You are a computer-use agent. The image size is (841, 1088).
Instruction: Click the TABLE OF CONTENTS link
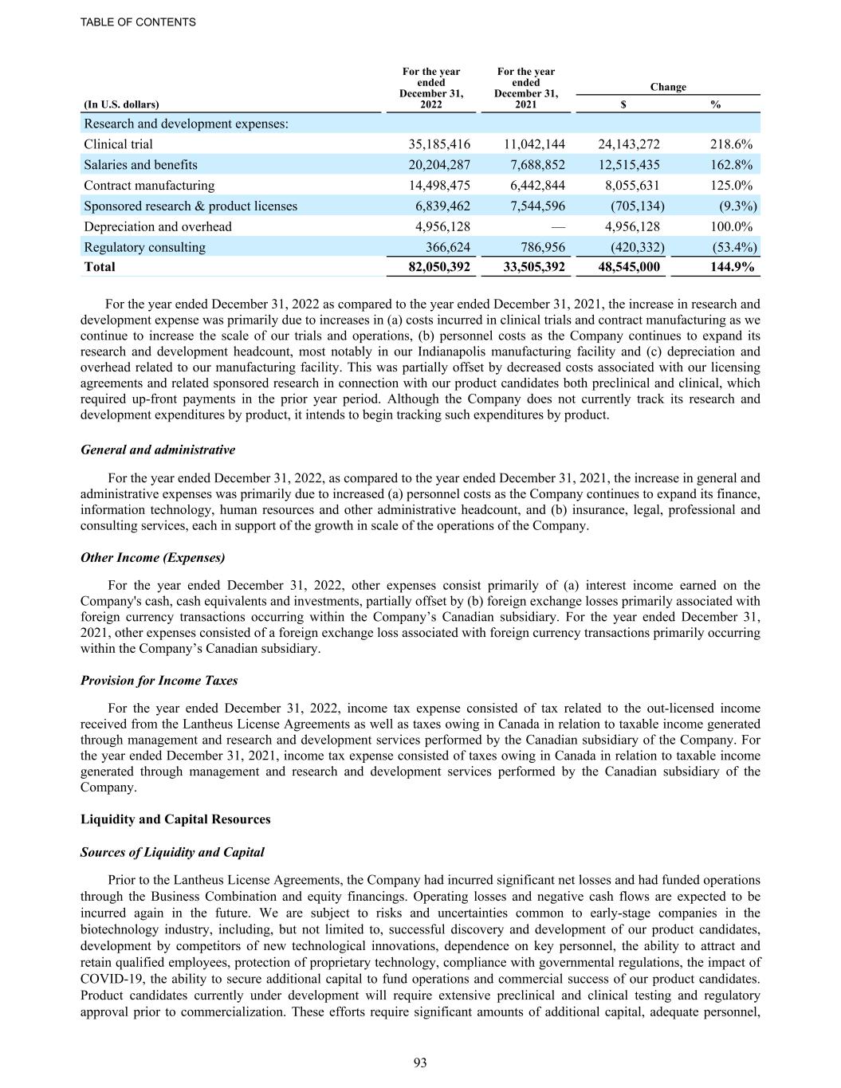pyautogui.click(x=138, y=22)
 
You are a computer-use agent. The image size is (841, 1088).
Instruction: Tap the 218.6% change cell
pyautogui.click(x=731, y=144)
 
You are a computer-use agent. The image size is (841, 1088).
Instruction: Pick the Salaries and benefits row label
pyautogui.click(x=140, y=165)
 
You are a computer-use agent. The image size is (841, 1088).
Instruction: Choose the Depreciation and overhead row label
pyautogui.click(x=158, y=227)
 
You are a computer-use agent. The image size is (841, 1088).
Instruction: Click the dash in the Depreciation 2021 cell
pyautogui.click(x=558, y=227)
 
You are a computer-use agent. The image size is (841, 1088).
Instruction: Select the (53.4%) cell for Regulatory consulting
pyautogui.click(x=734, y=248)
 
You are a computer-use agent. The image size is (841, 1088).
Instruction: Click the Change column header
pyautogui.click(x=668, y=87)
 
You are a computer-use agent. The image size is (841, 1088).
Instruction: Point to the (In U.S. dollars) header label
pyautogui.click(x=121, y=104)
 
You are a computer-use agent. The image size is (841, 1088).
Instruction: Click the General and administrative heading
pyautogui.click(x=158, y=450)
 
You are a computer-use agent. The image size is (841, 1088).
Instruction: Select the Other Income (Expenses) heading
pyautogui.click(x=152, y=558)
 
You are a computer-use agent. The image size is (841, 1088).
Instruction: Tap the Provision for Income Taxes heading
pyautogui.click(x=159, y=681)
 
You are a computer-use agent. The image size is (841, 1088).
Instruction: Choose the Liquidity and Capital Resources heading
pyautogui.click(x=175, y=819)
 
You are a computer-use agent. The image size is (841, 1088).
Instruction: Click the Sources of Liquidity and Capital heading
pyautogui.click(x=172, y=853)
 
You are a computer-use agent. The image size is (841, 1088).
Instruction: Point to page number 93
pyautogui.click(x=421, y=1062)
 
